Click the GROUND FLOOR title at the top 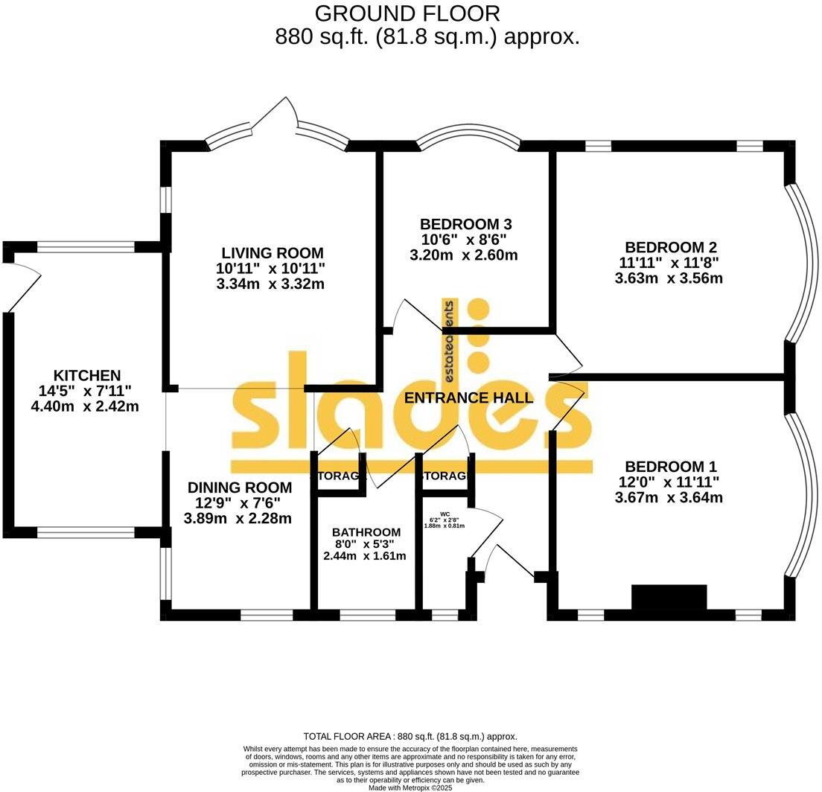[x=407, y=13]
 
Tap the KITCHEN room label [x=87, y=375]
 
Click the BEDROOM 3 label [x=465, y=224]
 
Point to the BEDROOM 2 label [x=670, y=247]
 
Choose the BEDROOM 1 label [x=670, y=467]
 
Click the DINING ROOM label [x=239, y=488]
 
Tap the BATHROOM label [x=366, y=532]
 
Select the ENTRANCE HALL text [x=468, y=397]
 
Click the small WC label [x=445, y=514]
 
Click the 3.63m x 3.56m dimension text [x=669, y=278]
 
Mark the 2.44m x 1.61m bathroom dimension [x=365, y=555]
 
